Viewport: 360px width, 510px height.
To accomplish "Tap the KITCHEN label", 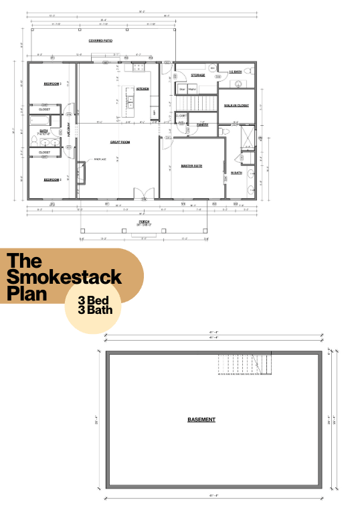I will pos(143,88).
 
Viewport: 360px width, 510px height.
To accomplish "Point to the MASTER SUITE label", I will pos(192,165).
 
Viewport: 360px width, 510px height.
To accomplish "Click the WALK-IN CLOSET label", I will pos(236,105).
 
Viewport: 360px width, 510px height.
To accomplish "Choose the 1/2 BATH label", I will pos(235,72).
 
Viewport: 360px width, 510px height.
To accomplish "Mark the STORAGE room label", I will pos(197,75).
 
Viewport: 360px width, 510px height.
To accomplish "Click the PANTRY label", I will pos(203,124).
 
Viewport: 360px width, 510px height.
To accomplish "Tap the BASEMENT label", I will pos(201,420).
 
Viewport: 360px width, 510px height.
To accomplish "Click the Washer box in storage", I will pos(192,88).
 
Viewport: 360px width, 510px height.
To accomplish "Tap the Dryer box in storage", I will pos(181,88).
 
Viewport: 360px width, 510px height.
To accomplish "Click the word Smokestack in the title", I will pos(64,276).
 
